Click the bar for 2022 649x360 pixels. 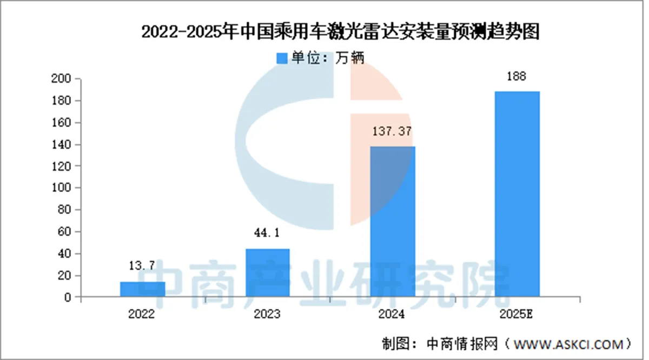(x=143, y=289)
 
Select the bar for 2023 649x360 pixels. (x=268, y=272)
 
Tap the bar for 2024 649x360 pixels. (x=393, y=221)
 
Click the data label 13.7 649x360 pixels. (x=143, y=265)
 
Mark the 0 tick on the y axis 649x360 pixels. (x=68, y=297)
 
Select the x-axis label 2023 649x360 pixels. (x=268, y=314)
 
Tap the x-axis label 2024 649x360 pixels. (x=393, y=314)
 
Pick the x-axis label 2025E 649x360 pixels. (x=518, y=314)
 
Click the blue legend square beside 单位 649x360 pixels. (x=282, y=58)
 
